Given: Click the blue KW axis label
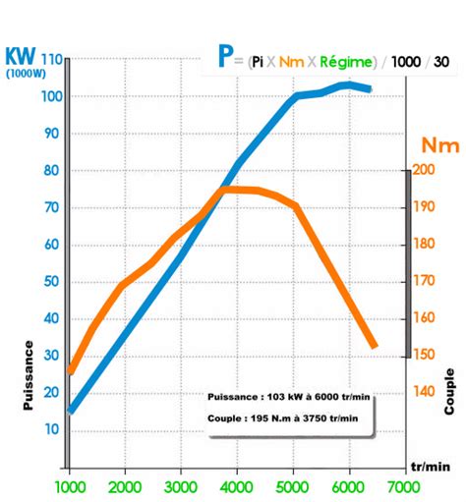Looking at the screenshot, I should click(22, 55).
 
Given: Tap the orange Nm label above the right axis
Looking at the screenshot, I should click(438, 145).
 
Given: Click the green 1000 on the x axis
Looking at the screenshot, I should click(70, 487).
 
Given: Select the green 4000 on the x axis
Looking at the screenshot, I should click(237, 487).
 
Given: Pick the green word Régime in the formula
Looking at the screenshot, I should click(345, 62).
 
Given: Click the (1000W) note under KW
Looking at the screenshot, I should click(22, 74).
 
